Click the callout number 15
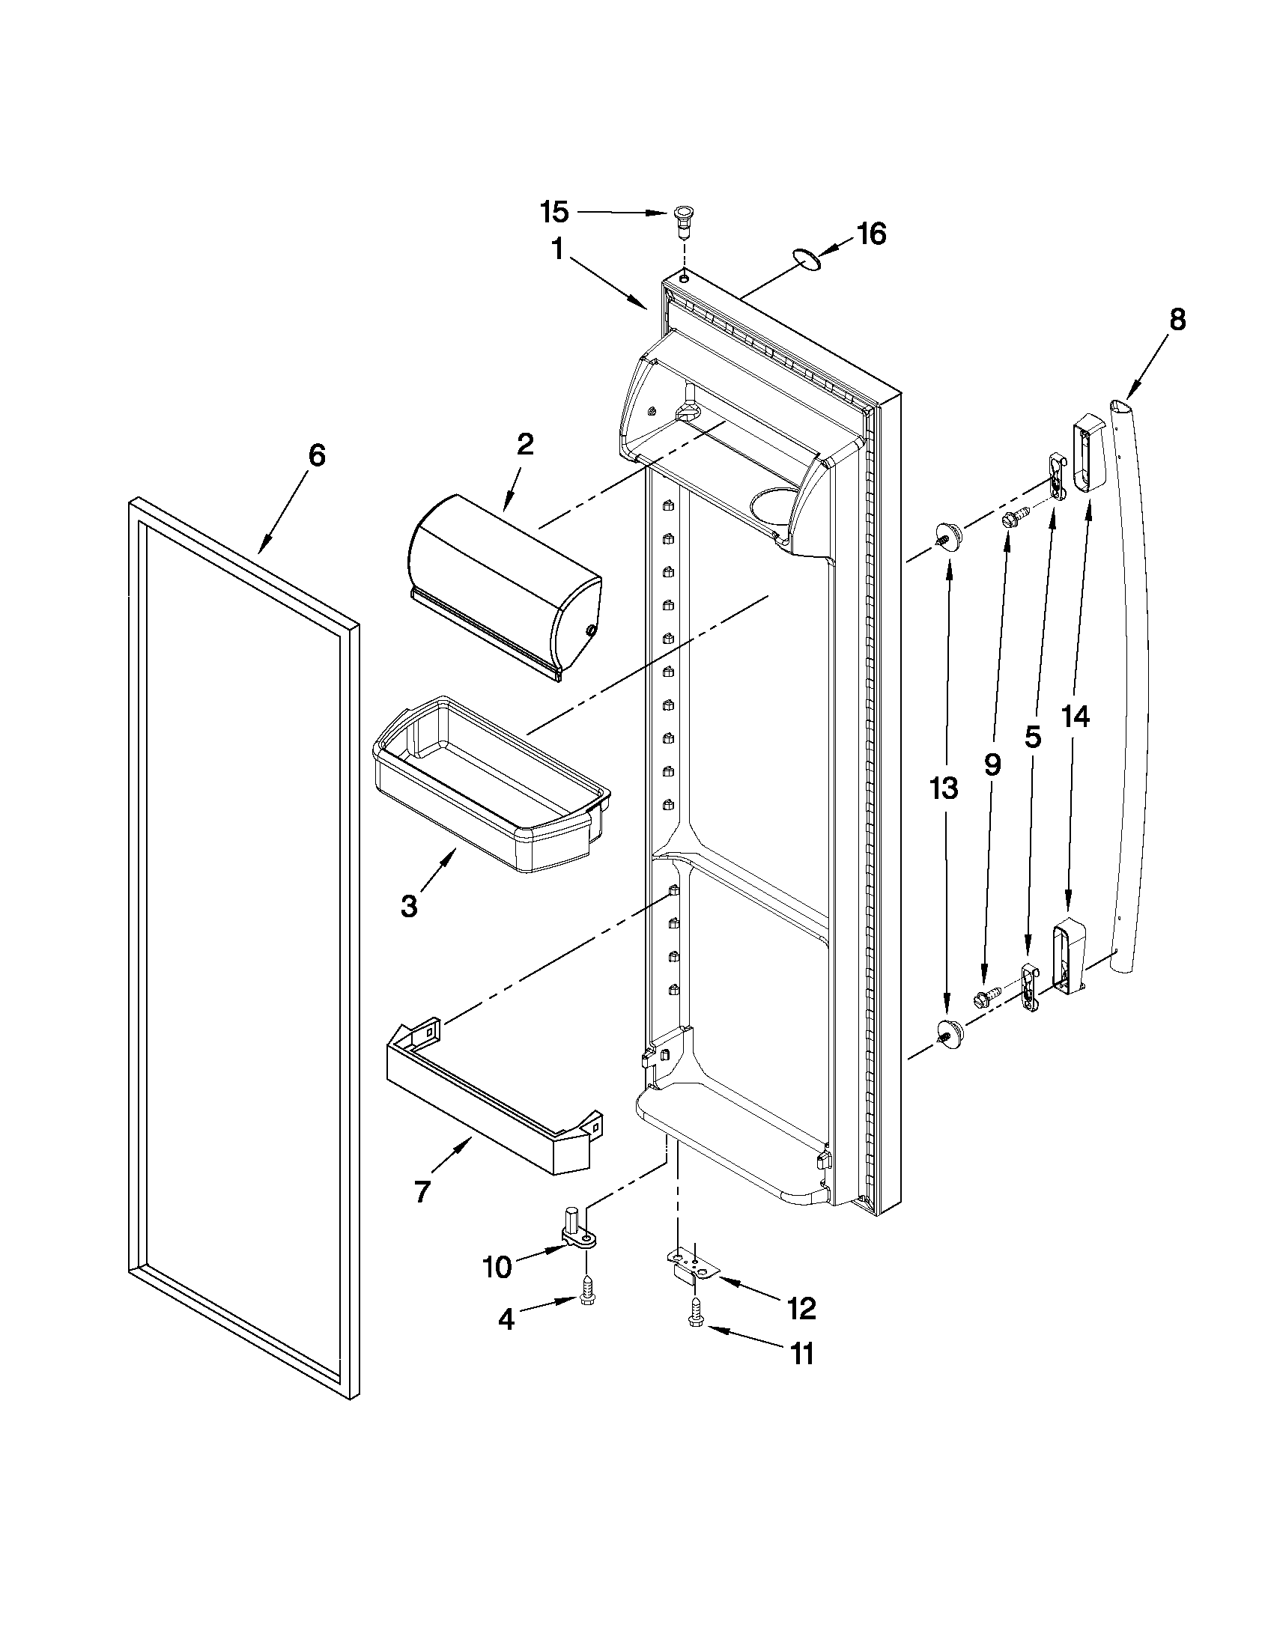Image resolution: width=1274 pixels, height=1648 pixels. (555, 212)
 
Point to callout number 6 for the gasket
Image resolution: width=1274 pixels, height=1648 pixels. (316, 456)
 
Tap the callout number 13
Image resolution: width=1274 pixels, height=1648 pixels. (944, 788)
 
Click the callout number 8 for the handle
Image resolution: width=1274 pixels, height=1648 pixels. (1177, 320)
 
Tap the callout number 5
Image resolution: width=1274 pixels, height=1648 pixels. (1033, 737)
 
